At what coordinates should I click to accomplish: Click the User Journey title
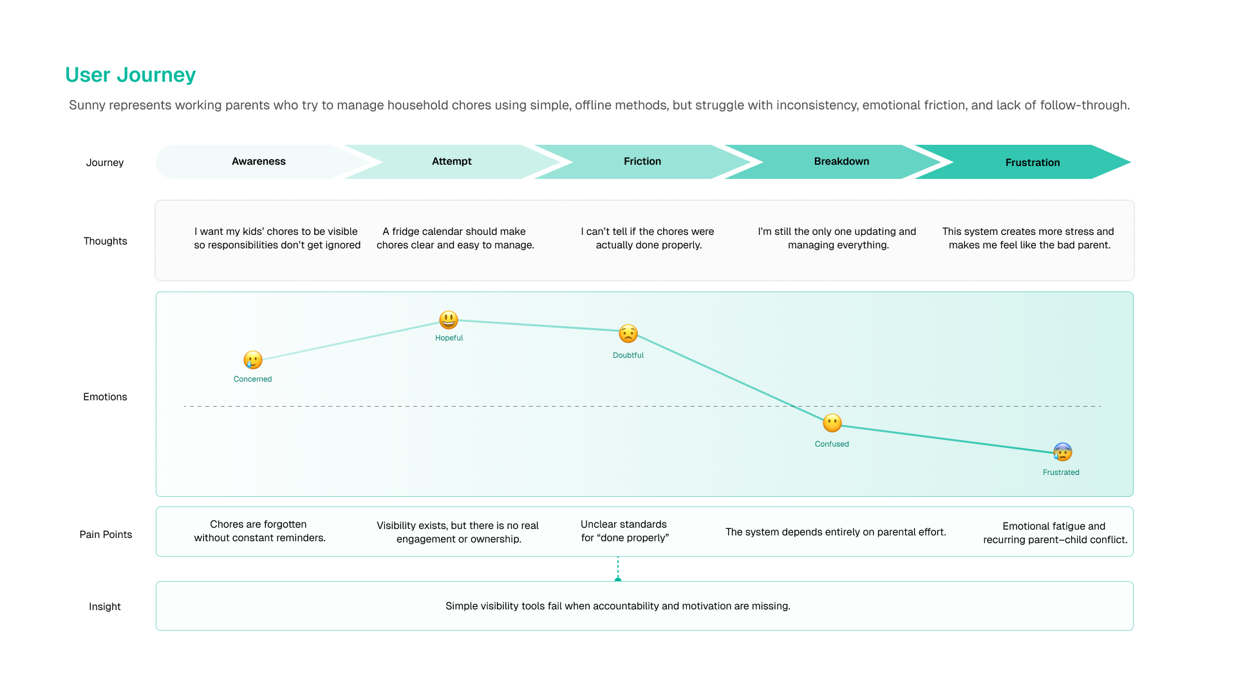point(130,75)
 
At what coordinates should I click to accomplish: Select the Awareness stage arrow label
point(259,162)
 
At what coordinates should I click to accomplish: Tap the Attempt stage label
point(451,162)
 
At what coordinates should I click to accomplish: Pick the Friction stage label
point(642,162)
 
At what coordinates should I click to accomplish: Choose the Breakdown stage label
point(841,162)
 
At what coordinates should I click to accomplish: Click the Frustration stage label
point(1032,163)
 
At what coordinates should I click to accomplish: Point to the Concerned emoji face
point(253,360)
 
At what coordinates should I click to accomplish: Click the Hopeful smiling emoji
point(449,320)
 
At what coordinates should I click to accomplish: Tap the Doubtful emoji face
point(628,333)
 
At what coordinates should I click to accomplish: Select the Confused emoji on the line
point(832,423)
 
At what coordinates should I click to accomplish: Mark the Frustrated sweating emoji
point(1063,452)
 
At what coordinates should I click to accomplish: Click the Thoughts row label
point(105,241)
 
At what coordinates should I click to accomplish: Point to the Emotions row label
point(105,397)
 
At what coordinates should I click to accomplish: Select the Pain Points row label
point(106,535)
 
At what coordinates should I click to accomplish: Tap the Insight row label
point(105,607)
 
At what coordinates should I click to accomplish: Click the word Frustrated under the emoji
point(1061,472)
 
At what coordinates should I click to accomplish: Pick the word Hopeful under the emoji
point(449,338)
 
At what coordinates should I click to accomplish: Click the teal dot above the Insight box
point(618,580)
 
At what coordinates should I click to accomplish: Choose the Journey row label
point(105,163)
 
